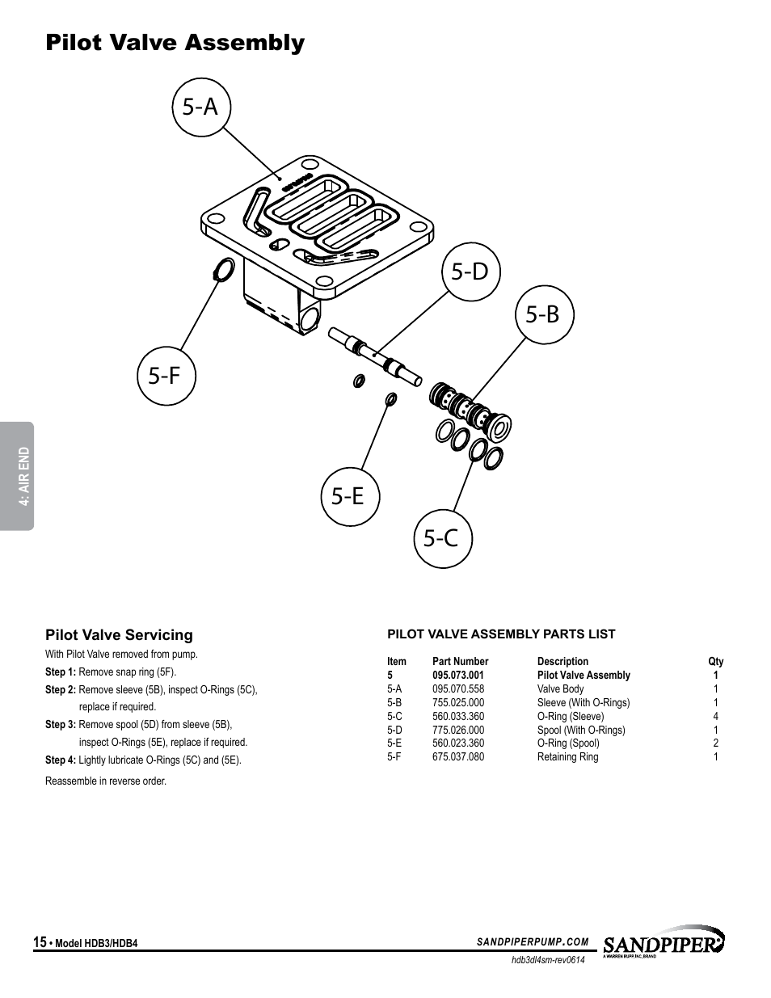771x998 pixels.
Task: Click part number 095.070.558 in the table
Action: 457,688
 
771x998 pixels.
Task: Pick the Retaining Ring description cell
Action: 567,756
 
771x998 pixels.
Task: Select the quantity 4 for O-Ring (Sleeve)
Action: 715,716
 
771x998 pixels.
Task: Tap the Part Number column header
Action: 460,661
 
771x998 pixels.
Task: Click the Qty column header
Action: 715,661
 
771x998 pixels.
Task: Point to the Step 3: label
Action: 60,724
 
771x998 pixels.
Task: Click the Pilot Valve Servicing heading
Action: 119,634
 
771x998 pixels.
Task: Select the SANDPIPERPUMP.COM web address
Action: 533,942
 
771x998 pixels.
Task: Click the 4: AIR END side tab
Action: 17,476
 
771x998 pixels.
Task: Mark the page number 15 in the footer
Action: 40,942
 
